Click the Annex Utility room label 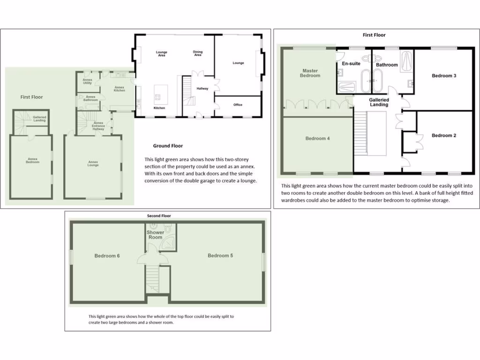pos(88,82)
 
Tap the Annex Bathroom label pos(90,98)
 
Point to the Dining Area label pos(198,53)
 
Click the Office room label pos(238,105)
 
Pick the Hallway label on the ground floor pos(202,89)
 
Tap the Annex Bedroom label pos(33,161)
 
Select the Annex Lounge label pos(93,164)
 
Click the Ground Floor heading pos(168,146)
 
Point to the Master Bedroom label pos(310,73)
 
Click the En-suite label pos(351,63)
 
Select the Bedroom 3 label pos(444,75)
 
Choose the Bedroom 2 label pos(444,135)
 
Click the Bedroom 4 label pos(317,138)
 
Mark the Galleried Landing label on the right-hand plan pos(379,102)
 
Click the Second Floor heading pos(159,216)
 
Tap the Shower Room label pos(155,235)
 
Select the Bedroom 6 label pos(107,255)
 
